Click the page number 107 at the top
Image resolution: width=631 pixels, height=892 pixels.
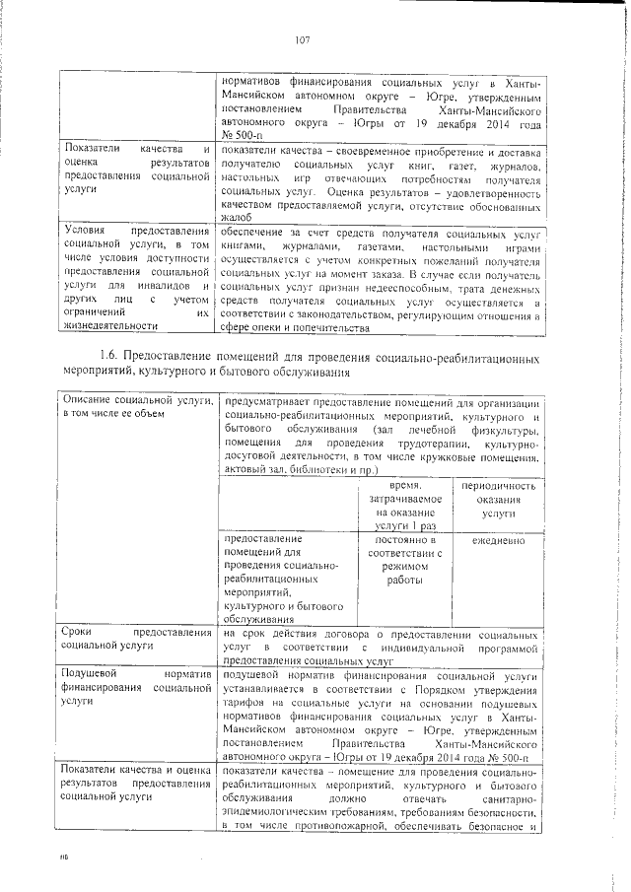(302, 40)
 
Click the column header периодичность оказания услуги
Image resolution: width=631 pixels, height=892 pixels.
(498, 500)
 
